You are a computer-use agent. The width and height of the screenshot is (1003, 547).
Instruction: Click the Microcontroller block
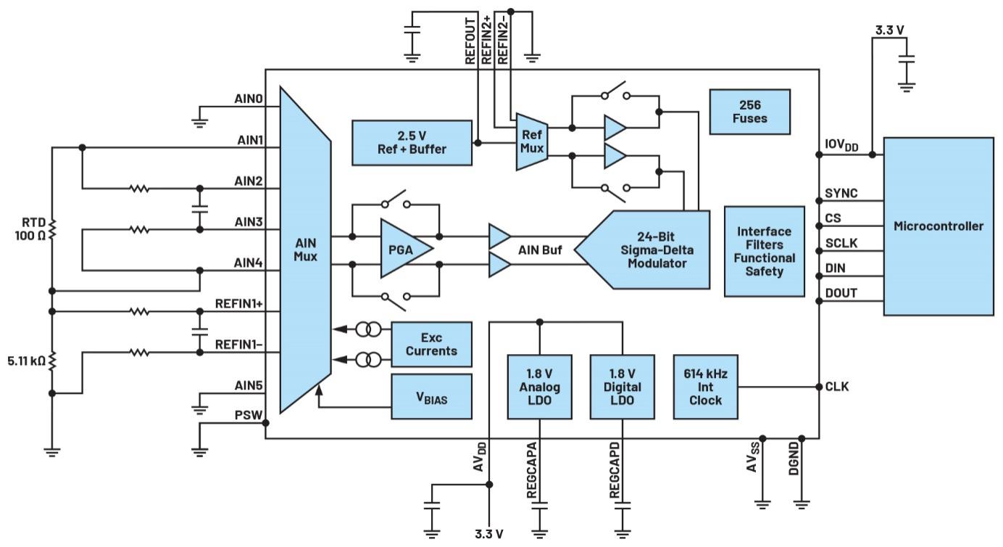(x=938, y=226)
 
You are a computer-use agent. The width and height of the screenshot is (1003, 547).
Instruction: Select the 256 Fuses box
(x=749, y=111)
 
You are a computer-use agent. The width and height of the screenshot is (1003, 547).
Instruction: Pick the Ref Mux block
(x=531, y=141)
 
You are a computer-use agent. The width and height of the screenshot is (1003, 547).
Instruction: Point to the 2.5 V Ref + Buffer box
(x=412, y=142)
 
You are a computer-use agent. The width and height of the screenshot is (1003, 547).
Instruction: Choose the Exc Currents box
(x=431, y=344)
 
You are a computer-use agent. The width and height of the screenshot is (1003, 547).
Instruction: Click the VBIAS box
(x=431, y=397)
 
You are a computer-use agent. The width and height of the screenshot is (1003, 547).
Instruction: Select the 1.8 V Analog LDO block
(x=540, y=387)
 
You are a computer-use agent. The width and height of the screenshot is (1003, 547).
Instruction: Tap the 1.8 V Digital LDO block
(x=621, y=387)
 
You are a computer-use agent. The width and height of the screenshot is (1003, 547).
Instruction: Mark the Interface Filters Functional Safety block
(x=764, y=251)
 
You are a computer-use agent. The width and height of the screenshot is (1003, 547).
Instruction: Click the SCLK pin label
(x=841, y=244)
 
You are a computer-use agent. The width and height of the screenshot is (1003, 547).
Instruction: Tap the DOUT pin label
(x=841, y=293)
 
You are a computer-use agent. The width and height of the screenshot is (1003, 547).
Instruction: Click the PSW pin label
(x=247, y=416)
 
